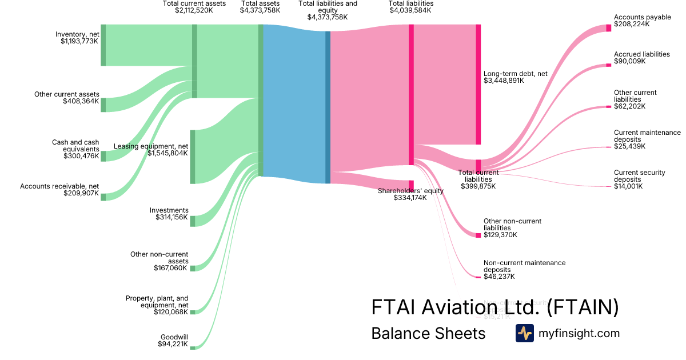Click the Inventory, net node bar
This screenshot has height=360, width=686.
pos(103,45)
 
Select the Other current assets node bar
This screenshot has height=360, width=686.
pos(103,105)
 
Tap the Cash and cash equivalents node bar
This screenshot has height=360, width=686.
pos(103,156)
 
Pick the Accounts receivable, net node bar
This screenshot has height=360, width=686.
pos(103,197)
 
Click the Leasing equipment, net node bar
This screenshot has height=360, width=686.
pos(193,157)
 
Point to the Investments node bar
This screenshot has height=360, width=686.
pos(193,221)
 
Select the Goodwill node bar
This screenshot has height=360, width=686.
pos(193,347)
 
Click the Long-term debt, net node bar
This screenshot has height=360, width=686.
pos(478,85)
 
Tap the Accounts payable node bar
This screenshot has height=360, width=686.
pos(608,27)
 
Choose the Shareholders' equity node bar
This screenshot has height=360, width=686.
pos(411,187)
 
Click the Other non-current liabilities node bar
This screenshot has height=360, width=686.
pos(478,235)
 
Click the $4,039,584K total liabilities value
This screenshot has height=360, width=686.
pos(410,10)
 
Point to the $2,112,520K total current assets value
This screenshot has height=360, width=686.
pos(194,10)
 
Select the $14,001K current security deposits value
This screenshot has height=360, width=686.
pos(628,186)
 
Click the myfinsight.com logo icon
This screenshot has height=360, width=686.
pos(524,333)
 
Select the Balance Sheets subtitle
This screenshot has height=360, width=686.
pos(428,333)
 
